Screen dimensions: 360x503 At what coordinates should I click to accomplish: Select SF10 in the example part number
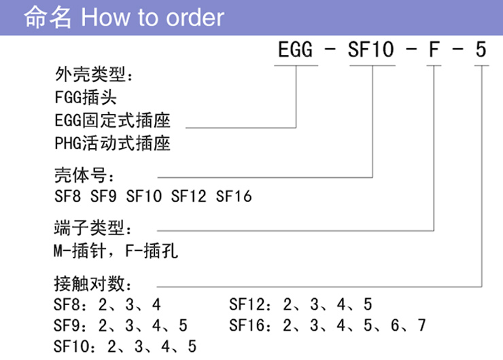[x=371, y=50]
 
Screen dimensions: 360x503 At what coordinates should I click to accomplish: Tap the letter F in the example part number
[x=434, y=50]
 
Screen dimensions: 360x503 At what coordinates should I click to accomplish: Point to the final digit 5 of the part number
[x=481, y=50]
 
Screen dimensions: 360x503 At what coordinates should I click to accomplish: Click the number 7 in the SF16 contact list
[x=422, y=325]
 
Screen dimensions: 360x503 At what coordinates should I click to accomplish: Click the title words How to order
[x=152, y=17]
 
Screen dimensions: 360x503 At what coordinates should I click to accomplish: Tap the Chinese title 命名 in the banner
[x=48, y=17]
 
